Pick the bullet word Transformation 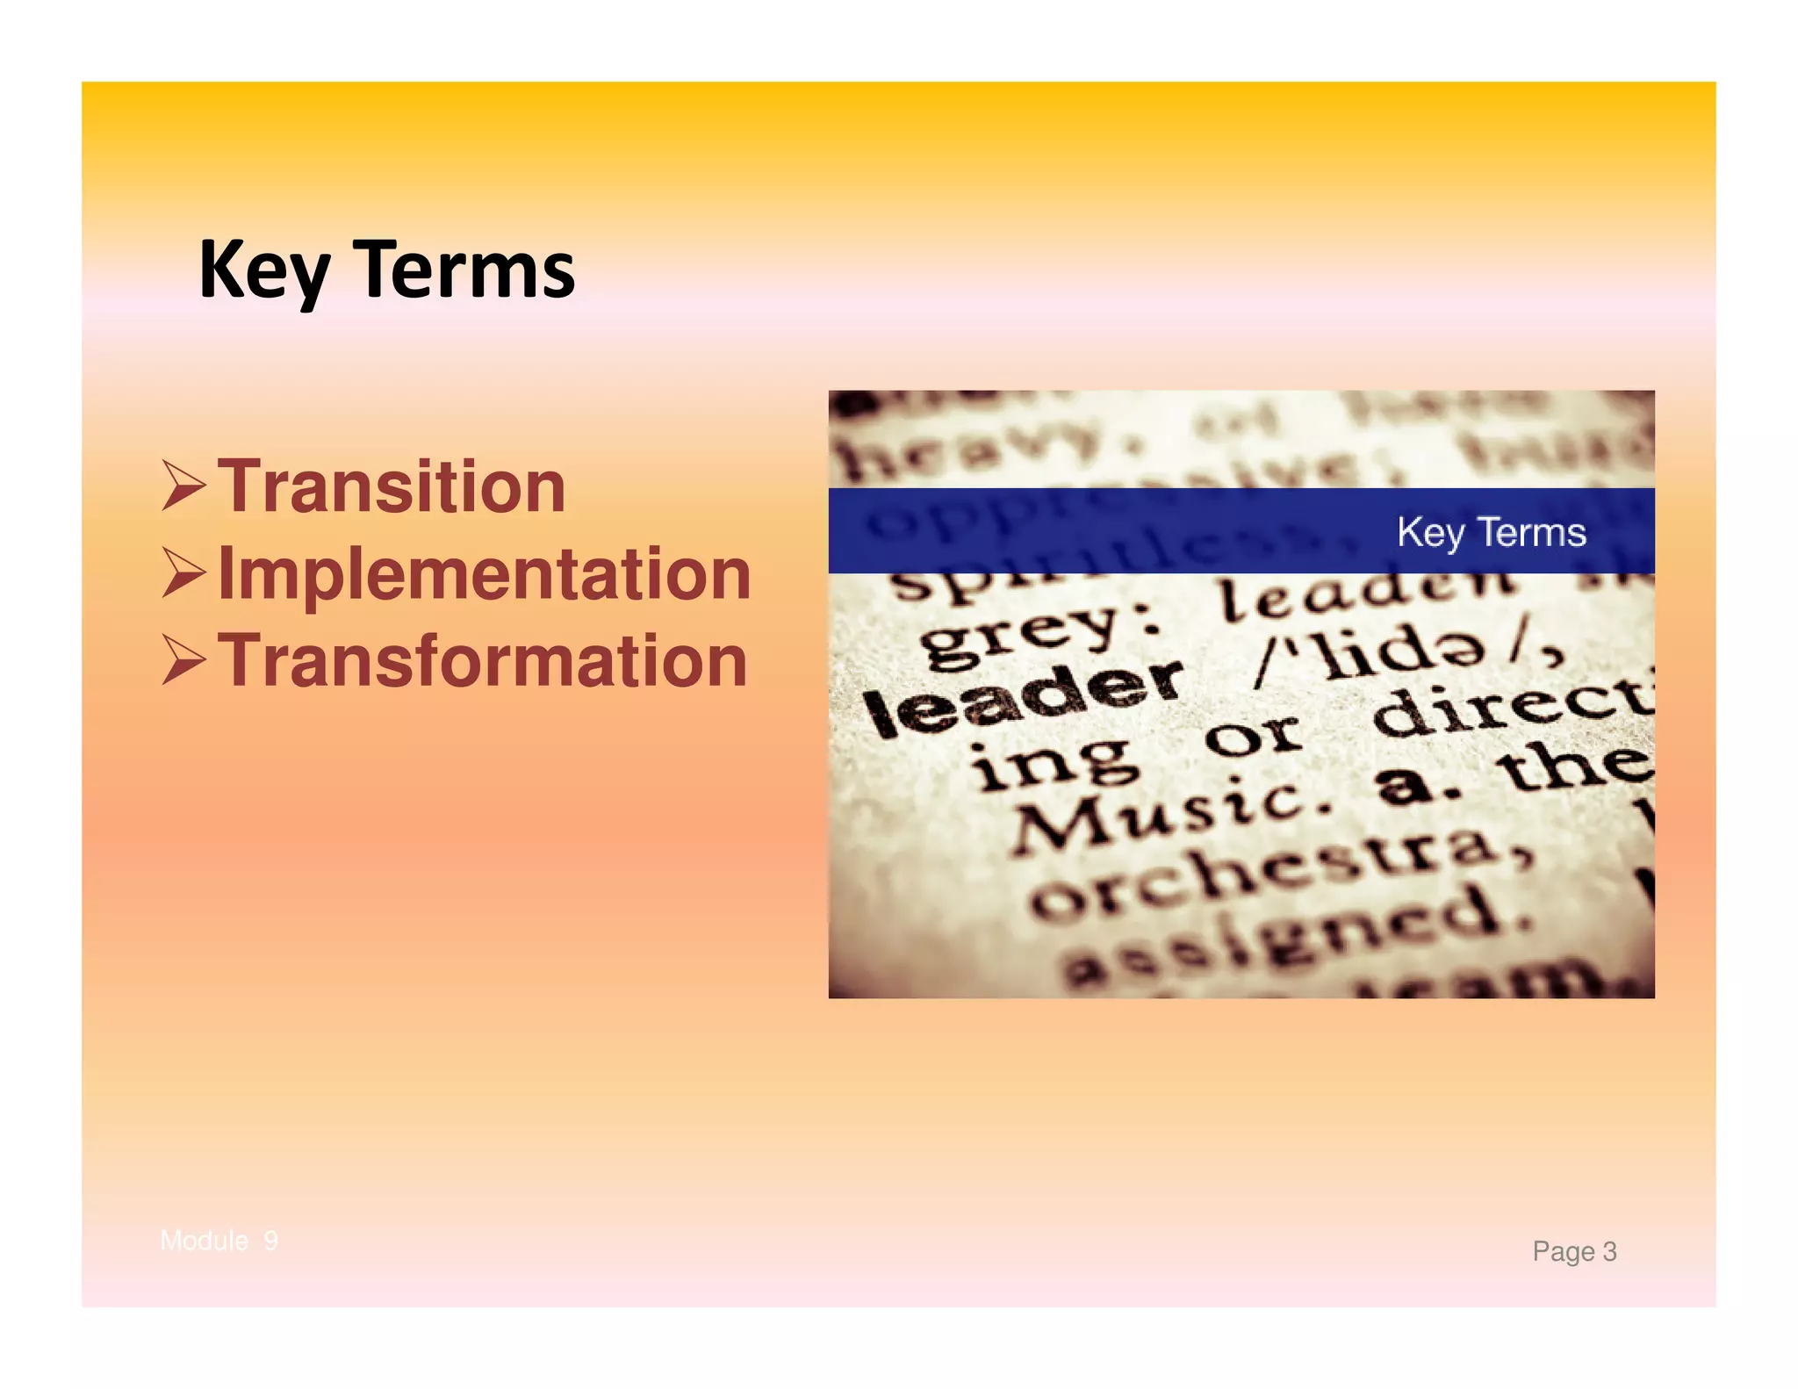(x=482, y=660)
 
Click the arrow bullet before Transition (x=184, y=486)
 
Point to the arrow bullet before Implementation (x=184, y=573)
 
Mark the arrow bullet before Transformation (x=184, y=660)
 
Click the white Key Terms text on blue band (x=1491, y=532)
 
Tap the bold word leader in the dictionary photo (x=1023, y=699)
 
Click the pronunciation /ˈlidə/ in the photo (x=1405, y=653)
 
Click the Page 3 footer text (x=1573, y=1251)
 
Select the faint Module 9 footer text (x=219, y=1241)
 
